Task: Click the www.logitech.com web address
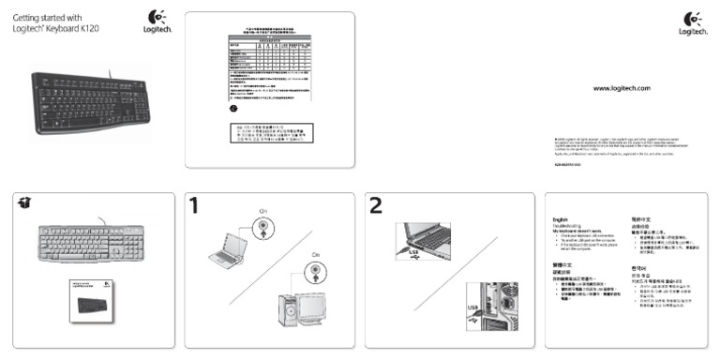pyautogui.click(x=622, y=87)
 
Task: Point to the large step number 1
pyautogui.click(x=194, y=205)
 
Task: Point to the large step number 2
pyautogui.click(x=376, y=205)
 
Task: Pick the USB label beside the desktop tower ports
pyautogui.click(x=472, y=308)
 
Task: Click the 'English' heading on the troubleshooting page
pyautogui.click(x=561, y=219)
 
